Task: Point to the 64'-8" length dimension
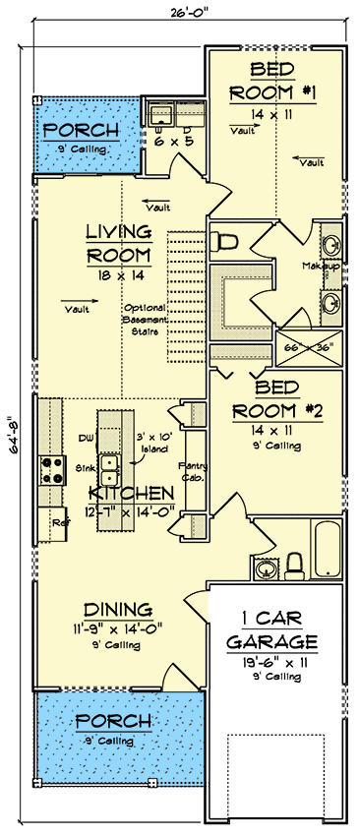tap(13, 430)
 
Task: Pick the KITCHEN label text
tap(132, 492)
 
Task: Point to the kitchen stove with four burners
tap(50, 471)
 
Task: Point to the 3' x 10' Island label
tap(152, 442)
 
